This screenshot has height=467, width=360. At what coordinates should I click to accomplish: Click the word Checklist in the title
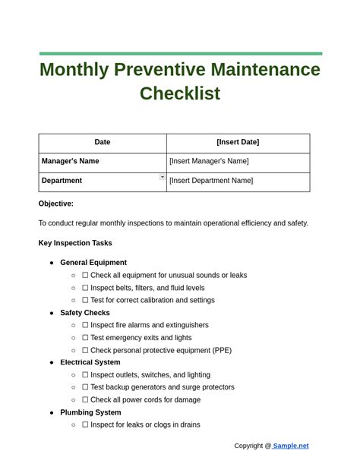(x=180, y=93)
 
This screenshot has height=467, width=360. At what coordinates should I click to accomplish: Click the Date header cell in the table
(x=103, y=142)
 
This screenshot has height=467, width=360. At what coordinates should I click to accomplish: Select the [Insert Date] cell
(x=238, y=142)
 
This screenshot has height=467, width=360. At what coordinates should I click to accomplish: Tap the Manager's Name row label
(x=70, y=161)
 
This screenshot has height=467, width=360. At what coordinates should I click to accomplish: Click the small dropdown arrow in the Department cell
(x=163, y=177)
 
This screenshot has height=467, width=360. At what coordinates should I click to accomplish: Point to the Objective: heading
(x=56, y=204)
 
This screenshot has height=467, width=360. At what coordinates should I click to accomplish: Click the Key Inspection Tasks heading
(x=75, y=243)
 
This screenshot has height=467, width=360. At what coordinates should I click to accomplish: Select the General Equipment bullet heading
(x=93, y=263)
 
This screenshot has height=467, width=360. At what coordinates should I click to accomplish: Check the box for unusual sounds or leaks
(x=85, y=276)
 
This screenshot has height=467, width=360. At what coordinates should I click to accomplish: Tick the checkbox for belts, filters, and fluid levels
(x=85, y=288)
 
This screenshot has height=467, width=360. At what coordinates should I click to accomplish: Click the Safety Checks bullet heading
(x=85, y=313)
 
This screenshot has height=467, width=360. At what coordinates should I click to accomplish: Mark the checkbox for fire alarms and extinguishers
(x=85, y=325)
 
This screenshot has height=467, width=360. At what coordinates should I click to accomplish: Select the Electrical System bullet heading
(x=90, y=362)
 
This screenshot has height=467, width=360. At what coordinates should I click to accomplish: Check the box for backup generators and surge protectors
(x=85, y=387)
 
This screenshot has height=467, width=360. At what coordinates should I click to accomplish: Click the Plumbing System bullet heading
(x=90, y=412)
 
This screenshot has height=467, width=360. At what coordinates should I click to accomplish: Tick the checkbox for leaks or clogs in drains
(x=85, y=424)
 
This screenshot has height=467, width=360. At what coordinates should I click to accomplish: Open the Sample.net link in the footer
(x=291, y=446)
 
